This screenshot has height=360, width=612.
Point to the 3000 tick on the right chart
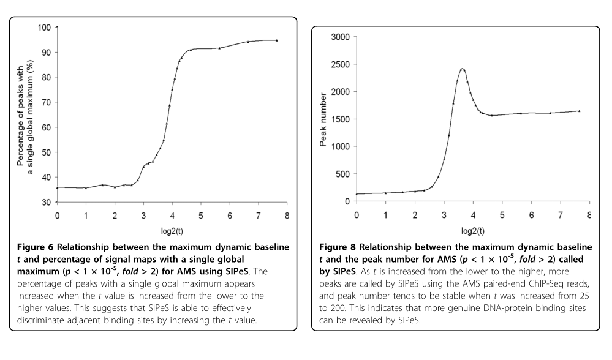340,37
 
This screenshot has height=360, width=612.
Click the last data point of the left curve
277,40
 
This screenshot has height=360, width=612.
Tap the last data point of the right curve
579,111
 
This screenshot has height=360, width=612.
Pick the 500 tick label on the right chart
342,174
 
